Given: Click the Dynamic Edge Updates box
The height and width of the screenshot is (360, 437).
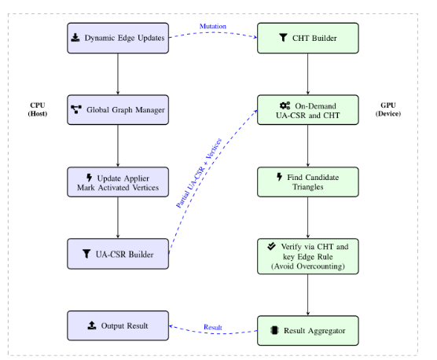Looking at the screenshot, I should point(117,39).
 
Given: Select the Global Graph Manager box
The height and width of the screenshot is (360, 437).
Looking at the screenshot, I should point(117,109).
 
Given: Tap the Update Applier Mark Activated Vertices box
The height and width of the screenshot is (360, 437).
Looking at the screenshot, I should point(117,182).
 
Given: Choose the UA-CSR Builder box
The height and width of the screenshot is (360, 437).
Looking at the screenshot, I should point(117,254).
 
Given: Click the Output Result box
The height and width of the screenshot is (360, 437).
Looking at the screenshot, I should point(117,325).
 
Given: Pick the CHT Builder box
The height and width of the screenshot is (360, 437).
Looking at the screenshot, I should point(308,39).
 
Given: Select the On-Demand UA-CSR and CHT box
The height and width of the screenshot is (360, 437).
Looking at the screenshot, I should point(308,109).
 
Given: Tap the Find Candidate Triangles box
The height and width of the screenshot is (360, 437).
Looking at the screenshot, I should point(308,182).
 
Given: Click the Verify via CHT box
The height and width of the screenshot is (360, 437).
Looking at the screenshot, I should point(308,254).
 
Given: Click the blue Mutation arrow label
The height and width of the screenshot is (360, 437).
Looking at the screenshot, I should point(212,27).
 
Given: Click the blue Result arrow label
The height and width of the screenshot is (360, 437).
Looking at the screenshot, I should point(213,327).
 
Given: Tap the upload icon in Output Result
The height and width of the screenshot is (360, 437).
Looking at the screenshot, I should point(93,325).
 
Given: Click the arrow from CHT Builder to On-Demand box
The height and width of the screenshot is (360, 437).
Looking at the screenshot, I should point(308,74).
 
